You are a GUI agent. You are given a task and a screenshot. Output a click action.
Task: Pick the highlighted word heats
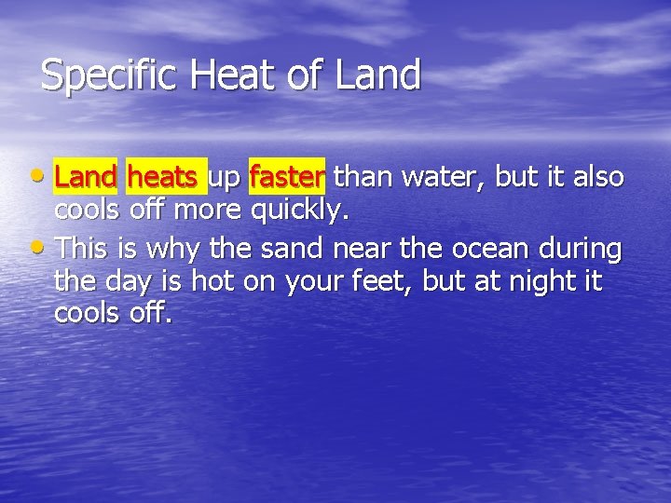(163, 175)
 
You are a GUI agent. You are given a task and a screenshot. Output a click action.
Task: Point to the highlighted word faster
(287, 175)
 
